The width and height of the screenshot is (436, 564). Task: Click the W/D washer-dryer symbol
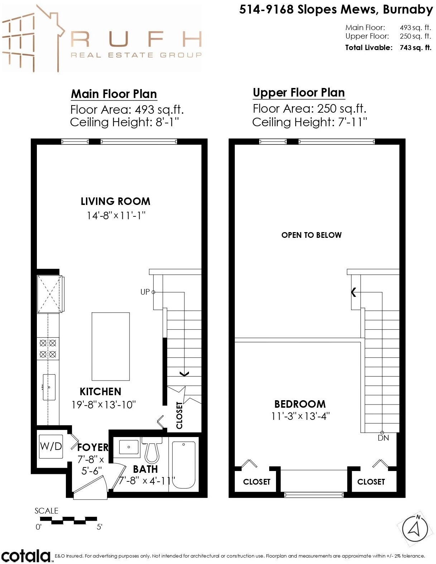tap(51, 446)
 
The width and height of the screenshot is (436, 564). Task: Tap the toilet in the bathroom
tap(152, 450)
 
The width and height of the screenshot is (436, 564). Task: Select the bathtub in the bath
tap(183, 465)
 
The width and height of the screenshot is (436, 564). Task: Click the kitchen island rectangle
tap(111, 347)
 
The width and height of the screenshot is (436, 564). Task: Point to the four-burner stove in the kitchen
tap(48, 349)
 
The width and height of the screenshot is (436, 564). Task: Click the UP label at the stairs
tap(145, 292)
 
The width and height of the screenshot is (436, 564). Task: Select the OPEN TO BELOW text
tap(311, 235)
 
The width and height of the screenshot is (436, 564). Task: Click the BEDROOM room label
tap(300, 404)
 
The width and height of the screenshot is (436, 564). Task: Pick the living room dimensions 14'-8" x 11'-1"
tap(116, 215)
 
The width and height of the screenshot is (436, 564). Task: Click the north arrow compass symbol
tap(415, 529)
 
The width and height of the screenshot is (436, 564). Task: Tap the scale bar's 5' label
tap(100, 527)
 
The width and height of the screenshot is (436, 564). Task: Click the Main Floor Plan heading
tap(114, 94)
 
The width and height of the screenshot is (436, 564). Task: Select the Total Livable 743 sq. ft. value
tap(416, 48)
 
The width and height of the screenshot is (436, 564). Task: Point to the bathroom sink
tap(129, 447)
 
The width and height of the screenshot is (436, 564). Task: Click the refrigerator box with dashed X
tap(50, 294)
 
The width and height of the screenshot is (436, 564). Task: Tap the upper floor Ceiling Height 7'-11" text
tap(310, 122)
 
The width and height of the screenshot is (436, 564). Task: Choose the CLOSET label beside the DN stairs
tap(371, 482)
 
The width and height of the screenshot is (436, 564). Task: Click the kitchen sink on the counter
tap(49, 387)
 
